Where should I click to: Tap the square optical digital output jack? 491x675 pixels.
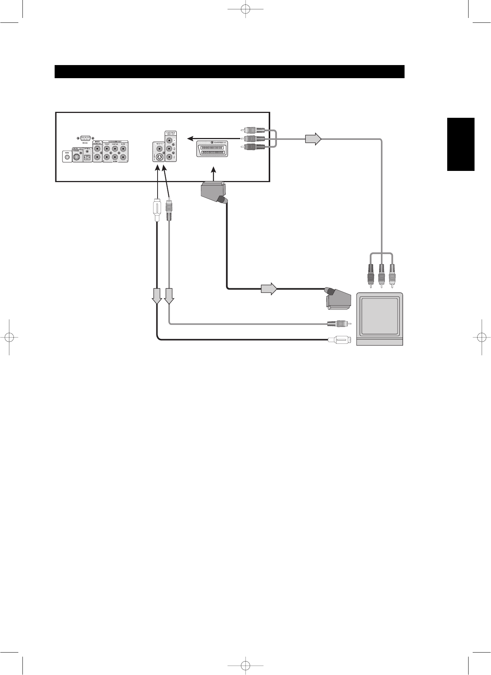pyautogui.click(x=88, y=158)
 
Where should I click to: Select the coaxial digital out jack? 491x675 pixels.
pyautogui.click(x=77, y=158)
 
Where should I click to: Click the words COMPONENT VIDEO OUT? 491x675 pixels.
pyautogui.click(x=171, y=134)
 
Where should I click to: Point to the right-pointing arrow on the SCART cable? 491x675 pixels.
pyautogui.click(x=269, y=289)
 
